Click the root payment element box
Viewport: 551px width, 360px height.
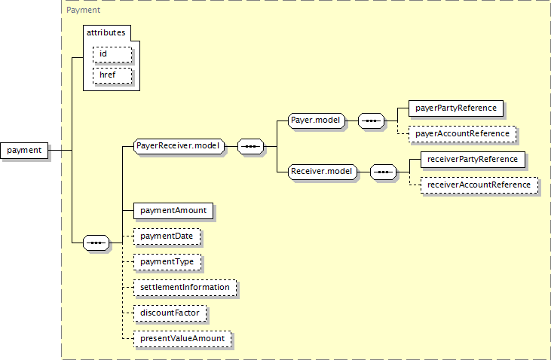tap(24, 151)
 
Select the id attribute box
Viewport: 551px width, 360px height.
tap(112, 54)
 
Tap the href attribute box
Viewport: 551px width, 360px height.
tap(112, 75)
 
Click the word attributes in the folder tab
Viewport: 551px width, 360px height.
tap(106, 32)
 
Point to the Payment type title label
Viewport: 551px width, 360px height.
tap(83, 10)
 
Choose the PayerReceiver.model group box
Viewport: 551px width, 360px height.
tap(179, 146)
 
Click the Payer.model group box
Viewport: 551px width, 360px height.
tap(317, 121)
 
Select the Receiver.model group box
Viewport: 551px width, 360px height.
tap(323, 172)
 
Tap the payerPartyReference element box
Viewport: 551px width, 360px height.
tap(456, 108)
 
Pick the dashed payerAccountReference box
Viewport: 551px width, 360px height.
tap(463, 134)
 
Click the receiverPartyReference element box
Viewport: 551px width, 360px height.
tap(473, 160)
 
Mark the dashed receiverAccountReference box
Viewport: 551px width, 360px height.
tap(479, 185)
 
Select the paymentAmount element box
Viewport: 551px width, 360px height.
tap(173, 211)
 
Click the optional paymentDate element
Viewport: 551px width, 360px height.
tap(167, 236)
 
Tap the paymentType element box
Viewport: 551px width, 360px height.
tap(167, 262)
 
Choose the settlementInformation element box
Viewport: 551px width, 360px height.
tap(185, 288)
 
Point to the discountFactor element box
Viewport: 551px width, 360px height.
tap(170, 313)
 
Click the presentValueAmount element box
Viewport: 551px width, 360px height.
tap(182, 339)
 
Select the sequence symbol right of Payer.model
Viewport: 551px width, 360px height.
tap(371, 121)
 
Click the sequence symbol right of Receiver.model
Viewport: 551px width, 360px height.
tap(383, 172)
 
